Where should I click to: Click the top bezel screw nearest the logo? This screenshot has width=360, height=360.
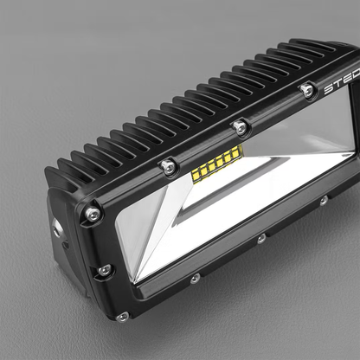point(306,89)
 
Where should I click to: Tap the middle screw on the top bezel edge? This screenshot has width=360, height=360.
point(240,127)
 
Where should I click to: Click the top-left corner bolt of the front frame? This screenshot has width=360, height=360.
point(92,212)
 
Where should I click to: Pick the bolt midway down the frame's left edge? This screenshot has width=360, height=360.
point(105,270)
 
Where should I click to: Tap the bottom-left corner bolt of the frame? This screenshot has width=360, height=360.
point(121,317)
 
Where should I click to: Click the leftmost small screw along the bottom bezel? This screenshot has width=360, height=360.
point(195,279)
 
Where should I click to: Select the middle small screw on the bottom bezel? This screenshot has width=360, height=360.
point(260,238)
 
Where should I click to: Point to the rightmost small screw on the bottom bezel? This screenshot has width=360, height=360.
point(323,201)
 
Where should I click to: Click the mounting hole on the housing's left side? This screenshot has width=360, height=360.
point(57,227)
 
